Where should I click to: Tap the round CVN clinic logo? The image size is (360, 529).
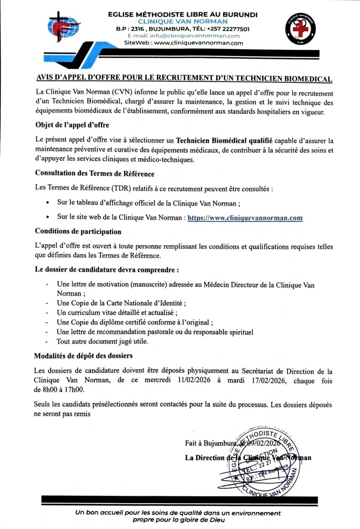click(x=300, y=29)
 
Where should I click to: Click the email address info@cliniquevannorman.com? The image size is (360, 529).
click(x=183, y=36)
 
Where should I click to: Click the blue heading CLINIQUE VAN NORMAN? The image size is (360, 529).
click(x=183, y=22)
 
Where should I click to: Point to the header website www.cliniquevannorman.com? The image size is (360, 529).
click(x=198, y=43)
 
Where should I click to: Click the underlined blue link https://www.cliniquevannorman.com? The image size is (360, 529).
click(x=245, y=218)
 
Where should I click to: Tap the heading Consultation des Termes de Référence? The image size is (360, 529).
click(x=95, y=173)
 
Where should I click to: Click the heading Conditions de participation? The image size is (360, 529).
click(x=78, y=231)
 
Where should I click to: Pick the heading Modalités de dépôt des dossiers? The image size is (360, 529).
click(x=84, y=356)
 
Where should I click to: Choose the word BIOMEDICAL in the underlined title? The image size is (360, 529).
click(x=306, y=79)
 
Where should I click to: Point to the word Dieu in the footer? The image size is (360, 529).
click(x=216, y=520)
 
